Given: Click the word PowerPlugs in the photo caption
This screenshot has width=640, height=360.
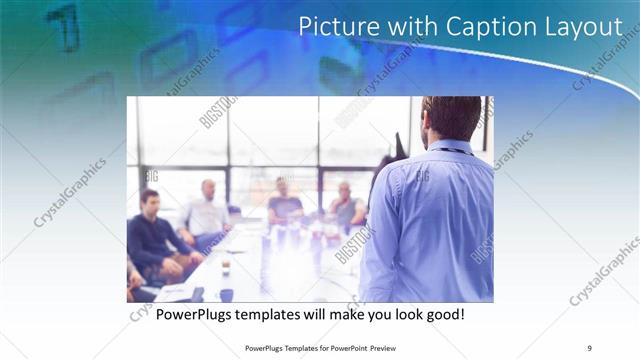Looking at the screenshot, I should pos(194,314).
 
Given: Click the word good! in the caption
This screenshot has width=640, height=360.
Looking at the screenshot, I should pos(443,314).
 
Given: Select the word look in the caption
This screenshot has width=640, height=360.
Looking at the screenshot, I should pos(400,314).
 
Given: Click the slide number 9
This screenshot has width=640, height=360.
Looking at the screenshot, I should pos(589,346).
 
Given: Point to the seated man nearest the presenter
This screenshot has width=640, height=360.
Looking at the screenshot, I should pos(347,207).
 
